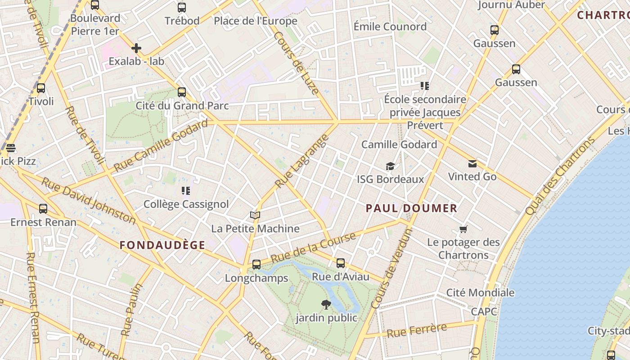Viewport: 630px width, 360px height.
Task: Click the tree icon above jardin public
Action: click(x=326, y=305)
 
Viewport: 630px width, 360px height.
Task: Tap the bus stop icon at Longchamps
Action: click(x=256, y=265)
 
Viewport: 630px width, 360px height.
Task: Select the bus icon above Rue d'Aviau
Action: click(x=341, y=263)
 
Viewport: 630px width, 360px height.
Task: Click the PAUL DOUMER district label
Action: click(x=411, y=208)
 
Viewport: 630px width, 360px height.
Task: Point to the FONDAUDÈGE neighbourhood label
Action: click(x=162, y=245)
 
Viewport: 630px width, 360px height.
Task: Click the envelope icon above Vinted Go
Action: click(x=472, y=163)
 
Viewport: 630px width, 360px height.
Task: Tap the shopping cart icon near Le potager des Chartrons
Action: click(x=463, y=229)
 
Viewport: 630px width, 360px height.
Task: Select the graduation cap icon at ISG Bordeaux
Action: click(x=390, y=166)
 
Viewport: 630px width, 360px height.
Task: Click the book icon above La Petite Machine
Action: click(x=255, y=216)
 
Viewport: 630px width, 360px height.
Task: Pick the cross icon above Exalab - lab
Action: click(x=136, y=48)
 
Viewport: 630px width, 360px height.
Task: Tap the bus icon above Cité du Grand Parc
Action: click(x=182, y=92)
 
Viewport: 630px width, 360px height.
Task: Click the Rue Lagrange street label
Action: click(x=300, y=161)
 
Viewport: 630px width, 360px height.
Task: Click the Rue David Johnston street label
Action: click(x=88, y=200)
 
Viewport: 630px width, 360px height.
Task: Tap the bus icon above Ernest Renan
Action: click(x=43, y=209)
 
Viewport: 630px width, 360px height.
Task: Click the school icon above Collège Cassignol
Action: click(x=185, y=191)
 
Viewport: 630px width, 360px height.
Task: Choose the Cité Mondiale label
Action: click(x=480, y=292)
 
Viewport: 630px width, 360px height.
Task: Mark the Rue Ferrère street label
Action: click(x=417, y=331)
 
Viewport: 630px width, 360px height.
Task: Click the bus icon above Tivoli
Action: click(x=41, y=88)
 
